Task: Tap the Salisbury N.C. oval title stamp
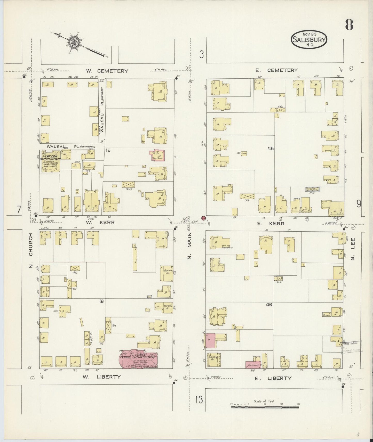coord(309,39)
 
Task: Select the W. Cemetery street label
coord(107,71)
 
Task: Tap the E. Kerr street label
coord(271,224)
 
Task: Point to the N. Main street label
coord(189,245)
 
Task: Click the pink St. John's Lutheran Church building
coord(138,358)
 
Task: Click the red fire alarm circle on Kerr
coord(203,218)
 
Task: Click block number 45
coord(271,149)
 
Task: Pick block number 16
coord(101,301)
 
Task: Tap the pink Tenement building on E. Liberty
coord(253,365)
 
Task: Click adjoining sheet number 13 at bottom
coord(199,400)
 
